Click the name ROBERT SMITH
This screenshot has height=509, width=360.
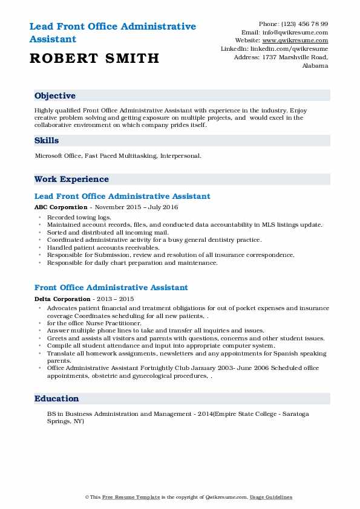pyautogui.click(x=93, y=58)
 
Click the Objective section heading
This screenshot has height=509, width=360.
pyautogui.click(x=55, y=96)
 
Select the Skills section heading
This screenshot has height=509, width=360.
pyautogui.click(x=47, y=141)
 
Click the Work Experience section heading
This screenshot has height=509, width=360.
pyautogui.click(x=71, y=180)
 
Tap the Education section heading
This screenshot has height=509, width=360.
pyautogui.click(x=57, y=399)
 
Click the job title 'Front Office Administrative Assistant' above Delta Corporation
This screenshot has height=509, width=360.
pyautogui.click(x=111, y=288)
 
